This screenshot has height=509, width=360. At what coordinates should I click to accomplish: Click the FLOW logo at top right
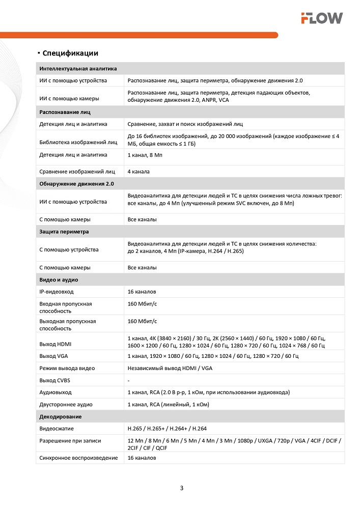click(x=321, y=18)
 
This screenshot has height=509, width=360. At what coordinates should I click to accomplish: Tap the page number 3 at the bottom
click(x=182, y=488)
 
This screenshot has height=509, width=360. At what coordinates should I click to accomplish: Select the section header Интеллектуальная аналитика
click(x=78, y=68)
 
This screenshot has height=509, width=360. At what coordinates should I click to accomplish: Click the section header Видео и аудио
click(x=59, y=279)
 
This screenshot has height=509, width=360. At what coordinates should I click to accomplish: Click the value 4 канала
click(x=139, y=172)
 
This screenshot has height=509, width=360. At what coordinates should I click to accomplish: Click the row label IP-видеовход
click(x=57, y=292)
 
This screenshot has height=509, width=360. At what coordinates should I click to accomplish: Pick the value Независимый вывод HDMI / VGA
click(x=170, y=368)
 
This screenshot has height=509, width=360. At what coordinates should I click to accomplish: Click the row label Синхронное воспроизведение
click(x=78, y=458)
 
